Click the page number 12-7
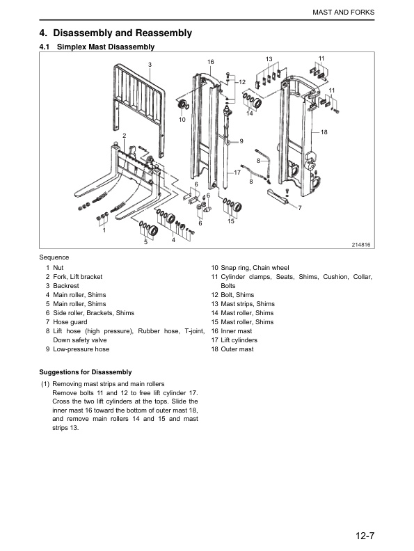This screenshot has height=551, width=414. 365,536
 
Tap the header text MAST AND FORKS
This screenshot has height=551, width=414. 343,13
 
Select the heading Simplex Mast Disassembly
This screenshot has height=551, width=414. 106,47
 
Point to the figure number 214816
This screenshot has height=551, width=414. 361,245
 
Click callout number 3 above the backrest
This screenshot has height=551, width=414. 150,65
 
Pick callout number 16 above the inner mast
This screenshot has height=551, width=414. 211,62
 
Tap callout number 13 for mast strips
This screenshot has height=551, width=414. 269,59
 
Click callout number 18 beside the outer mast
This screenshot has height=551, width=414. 324,132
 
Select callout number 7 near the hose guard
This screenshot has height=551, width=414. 300,208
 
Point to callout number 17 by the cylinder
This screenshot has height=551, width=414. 237,173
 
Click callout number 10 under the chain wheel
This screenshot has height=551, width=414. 182,120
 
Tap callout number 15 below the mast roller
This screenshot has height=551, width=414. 231,221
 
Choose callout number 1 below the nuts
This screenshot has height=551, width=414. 104,230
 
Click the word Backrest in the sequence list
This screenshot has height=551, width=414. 66,286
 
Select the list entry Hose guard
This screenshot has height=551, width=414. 70,322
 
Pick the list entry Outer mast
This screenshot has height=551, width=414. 237,349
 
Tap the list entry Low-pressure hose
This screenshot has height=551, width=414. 81,349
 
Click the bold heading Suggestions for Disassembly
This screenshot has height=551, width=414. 86,372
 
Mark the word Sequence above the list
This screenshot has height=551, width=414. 54,257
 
